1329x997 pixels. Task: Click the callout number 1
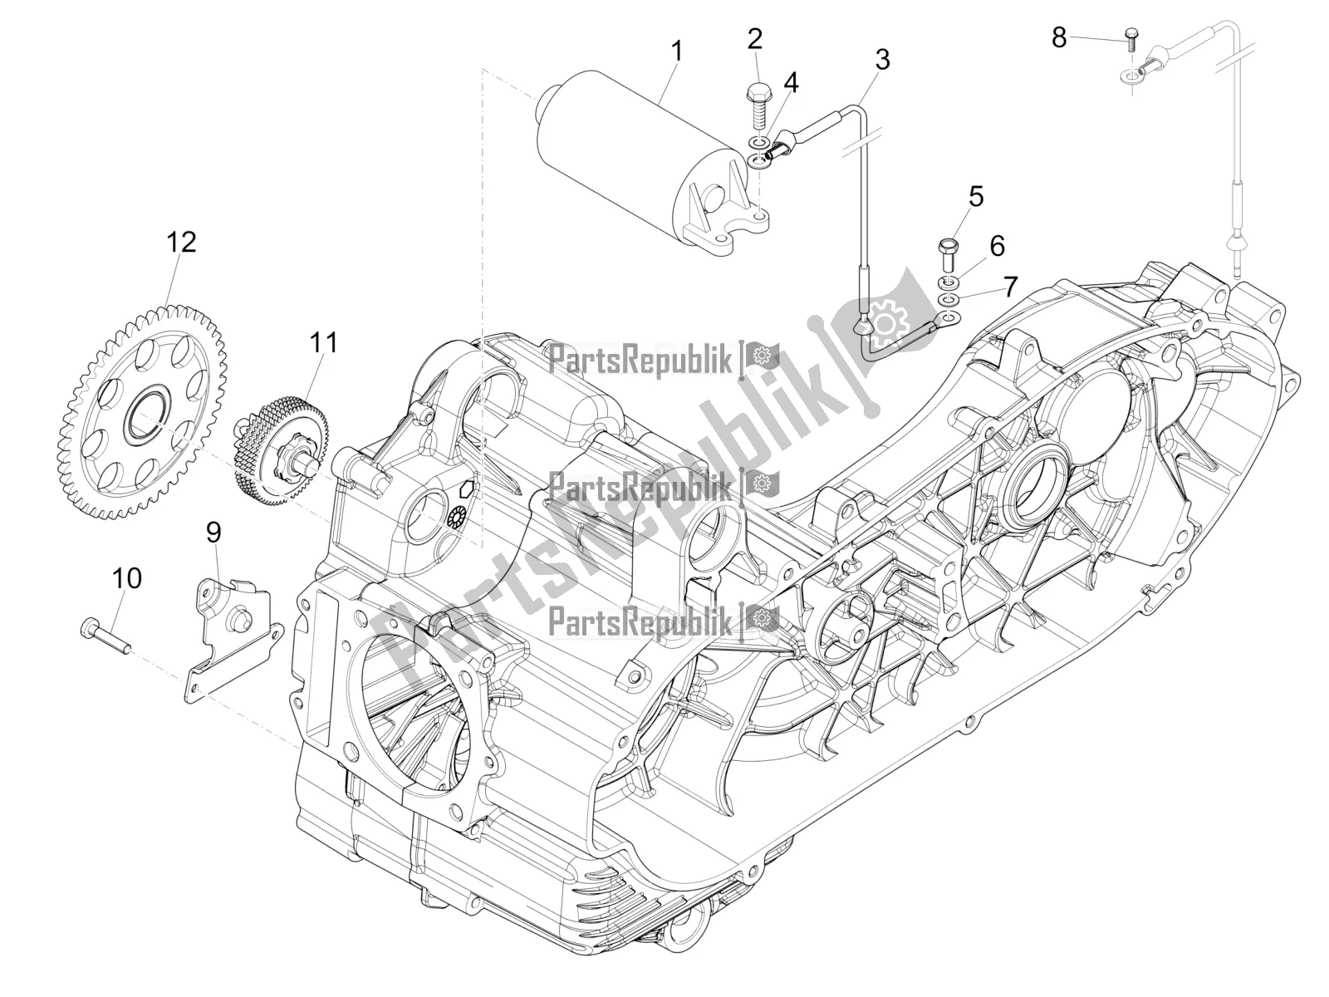[x=677, y=52]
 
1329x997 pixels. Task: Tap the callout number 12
[x=181, y=242]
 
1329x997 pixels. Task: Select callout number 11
[x=325, y=341]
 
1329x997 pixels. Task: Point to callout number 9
[x=214, y=533]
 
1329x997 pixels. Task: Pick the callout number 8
[x=1059, y=37]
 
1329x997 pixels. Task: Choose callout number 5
[x=975, y=197]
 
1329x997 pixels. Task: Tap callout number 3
[x=882, y=59]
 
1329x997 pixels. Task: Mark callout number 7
[x=1010, y=287]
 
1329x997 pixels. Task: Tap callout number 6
[x=997, y=246]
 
